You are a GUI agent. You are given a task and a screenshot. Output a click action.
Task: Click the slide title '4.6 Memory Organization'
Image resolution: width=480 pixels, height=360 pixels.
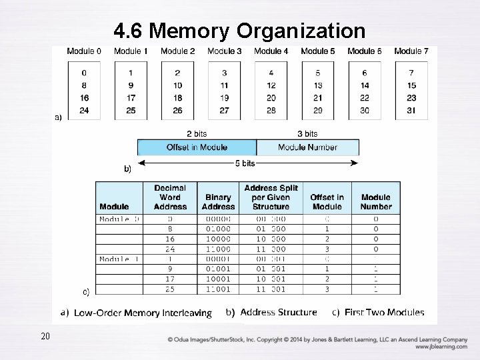[x=239, y=31]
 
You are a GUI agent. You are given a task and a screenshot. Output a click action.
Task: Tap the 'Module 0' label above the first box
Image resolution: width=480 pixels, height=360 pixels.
[x=84, y=51]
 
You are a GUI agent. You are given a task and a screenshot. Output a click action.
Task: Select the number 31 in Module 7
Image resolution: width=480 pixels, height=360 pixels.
[x=411, y=110]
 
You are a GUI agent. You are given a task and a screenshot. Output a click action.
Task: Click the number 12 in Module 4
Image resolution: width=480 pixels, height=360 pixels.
[x=271, y=85]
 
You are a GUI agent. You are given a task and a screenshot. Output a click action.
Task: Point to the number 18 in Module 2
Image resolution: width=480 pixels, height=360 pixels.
[x=178, y=98]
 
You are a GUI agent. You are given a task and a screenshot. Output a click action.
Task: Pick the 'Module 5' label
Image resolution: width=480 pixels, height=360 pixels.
[x=318, y=51]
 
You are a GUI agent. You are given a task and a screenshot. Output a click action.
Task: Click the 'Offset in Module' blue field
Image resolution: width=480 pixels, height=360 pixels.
[x=197, y=147]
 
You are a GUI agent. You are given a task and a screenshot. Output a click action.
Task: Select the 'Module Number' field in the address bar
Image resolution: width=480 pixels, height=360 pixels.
[x=307, y=147]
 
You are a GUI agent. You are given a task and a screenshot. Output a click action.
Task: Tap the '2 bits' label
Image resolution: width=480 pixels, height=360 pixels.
[x=197, y=134]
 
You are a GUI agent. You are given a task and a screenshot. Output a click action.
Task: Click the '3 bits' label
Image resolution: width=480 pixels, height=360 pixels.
[x=307, y=134]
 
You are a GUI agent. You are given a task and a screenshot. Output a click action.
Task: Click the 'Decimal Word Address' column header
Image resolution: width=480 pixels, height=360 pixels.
[x=170, y=197]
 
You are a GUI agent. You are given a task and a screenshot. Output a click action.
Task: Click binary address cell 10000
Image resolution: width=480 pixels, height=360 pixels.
[x=219, y=239]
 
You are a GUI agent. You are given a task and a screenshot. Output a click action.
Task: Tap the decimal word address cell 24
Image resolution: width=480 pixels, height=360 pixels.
[x=170, y=249]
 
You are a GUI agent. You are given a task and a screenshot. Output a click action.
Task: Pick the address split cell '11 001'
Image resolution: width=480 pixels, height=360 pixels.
[x=271, y=289]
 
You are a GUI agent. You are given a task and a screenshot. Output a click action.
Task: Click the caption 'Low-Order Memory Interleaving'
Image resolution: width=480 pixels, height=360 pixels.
[x=143, y=313]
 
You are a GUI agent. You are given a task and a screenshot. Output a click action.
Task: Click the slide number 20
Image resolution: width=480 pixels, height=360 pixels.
[x=45, y=336]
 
